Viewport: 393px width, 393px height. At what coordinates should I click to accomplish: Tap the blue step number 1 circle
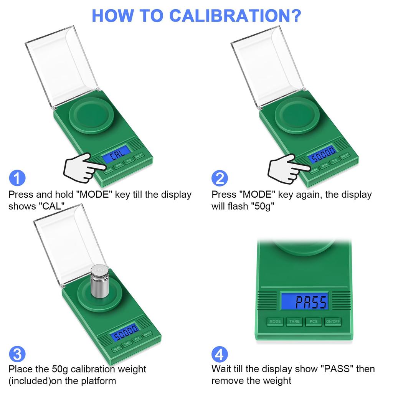[17, 178]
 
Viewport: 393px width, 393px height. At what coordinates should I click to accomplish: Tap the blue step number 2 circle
[220, 178]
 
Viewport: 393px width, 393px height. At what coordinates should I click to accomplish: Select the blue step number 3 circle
[17, 353]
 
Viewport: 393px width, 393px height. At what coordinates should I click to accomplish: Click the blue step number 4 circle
[220, 353]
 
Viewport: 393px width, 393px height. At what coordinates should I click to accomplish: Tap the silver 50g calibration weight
[100, 282]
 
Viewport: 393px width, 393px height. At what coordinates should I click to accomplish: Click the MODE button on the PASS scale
[275, 322]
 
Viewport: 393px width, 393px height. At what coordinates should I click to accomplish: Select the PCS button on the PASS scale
[314, 322]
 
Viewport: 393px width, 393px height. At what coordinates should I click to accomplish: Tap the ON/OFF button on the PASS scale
[332, 322]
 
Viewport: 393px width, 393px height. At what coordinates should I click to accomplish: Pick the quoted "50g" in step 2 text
[262, 206]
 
